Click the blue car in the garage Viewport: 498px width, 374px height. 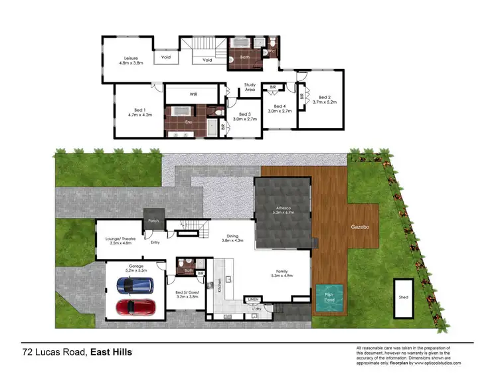(x=135, y=286)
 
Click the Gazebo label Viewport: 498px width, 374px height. (x=361, y=227)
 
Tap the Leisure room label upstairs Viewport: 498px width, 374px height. (x=131, y=57)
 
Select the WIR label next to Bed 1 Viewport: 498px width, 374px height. (x=194, y=94)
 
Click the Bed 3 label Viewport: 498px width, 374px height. (x=244, y=114)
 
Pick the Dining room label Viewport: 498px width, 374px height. (x=232, y=235)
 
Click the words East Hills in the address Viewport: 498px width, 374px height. (x=111, y=351)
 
